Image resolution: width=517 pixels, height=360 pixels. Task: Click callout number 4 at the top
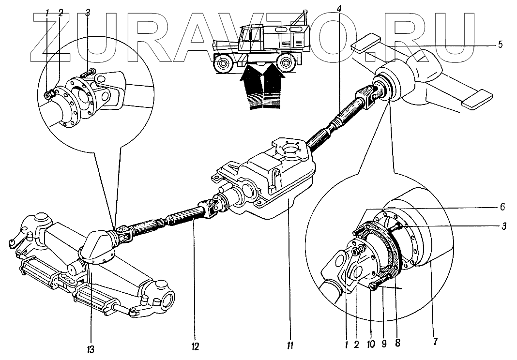tap(339, 8)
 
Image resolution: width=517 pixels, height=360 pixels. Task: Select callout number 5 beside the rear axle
tap(500, 45)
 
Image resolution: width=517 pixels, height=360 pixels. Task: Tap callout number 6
tap(502, 207)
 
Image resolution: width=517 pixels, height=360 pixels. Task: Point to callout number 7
tap(435, 342)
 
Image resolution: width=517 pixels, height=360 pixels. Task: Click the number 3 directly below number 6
tap(503, 225)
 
